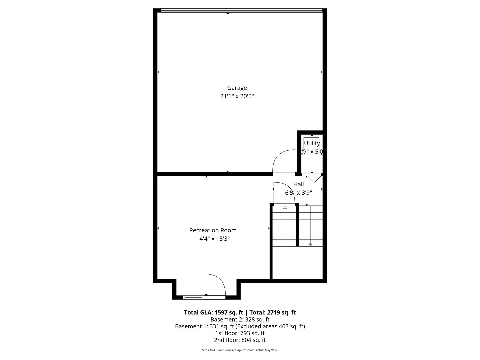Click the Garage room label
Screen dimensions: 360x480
[237, 88]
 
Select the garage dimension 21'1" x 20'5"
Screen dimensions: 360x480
[237, 96]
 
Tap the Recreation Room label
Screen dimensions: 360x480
[213, 230]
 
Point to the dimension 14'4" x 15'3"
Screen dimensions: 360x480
[213, 239]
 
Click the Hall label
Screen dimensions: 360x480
[298, 184]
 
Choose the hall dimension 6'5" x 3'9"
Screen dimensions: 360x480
[298, 193]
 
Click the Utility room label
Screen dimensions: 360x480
[312, 143]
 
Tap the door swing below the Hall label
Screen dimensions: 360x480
[284, 193]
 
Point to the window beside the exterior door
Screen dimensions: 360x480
[193, 297]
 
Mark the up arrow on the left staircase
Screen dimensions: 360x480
[285, 207]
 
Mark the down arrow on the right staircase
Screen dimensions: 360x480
[310, 245]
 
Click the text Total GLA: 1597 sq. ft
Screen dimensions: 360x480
[213, 313]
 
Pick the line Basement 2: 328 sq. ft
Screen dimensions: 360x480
[240, 319]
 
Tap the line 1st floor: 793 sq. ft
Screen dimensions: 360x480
[240, 333]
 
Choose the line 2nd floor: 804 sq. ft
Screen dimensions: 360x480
[240, 340]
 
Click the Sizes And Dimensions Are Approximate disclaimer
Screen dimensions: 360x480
[240, 350]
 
